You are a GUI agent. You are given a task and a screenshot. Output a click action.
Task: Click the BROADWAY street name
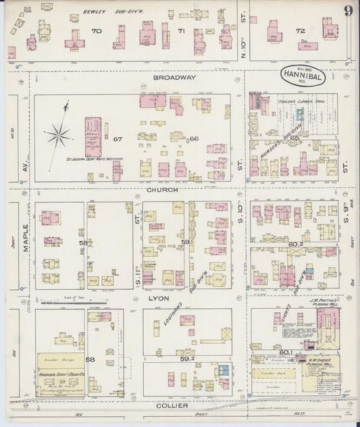(x=174, y=78)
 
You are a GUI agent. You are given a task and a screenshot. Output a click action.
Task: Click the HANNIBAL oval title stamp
(x=303, y=76)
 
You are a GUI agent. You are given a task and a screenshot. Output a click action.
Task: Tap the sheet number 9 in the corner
(x=347, y=10)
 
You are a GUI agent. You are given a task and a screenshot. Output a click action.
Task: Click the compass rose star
(x=59, y=136)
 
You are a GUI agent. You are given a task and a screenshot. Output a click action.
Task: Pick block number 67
(x=118, y=139)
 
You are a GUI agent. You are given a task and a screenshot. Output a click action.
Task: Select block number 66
(x=194, y=139)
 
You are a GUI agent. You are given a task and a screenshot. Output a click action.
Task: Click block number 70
(x=97, y=31)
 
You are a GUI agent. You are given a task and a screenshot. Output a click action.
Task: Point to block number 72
(x=300, y=30)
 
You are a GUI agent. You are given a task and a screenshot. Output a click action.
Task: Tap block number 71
(x=181, y=31)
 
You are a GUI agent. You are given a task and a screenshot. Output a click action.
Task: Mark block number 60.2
(x=295, y=245)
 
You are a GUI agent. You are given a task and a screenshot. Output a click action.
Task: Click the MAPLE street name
(x=26, y=238)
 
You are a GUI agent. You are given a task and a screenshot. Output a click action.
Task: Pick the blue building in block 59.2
(x=222, y=370)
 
